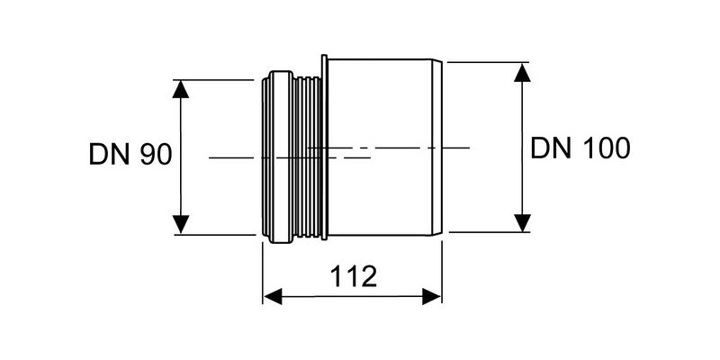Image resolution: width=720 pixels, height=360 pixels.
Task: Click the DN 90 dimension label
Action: click(130, 154)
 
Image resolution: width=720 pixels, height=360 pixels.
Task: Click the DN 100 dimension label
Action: click(580, 148)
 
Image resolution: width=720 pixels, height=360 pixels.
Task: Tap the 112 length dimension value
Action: click(354, 276)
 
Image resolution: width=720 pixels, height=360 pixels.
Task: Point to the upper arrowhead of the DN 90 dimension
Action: click(181, 89)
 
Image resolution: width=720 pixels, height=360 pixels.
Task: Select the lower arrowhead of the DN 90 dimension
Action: click(181, 224)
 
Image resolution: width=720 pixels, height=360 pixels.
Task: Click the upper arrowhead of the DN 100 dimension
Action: click(522, 73)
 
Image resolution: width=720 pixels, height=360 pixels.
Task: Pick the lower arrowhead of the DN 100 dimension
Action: click(522, 222)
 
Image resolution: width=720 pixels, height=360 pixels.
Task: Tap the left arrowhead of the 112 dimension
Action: click(273, 296)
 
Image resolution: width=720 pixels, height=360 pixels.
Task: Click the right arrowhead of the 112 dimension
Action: click(432, 296)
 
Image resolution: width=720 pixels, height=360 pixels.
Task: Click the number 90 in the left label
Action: click(156, 154)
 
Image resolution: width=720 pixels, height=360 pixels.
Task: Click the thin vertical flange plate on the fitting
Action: click(324, 148)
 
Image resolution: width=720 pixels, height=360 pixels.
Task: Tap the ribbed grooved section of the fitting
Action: click(306, 157)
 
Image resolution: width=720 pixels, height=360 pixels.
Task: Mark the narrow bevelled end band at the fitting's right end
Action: click(436, 148)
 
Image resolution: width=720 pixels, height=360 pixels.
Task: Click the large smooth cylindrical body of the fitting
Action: click(380, 148)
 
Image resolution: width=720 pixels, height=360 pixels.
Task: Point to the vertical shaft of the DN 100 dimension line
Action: click(522, 148)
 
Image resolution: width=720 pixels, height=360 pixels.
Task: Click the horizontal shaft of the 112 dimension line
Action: click(352, 296)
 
